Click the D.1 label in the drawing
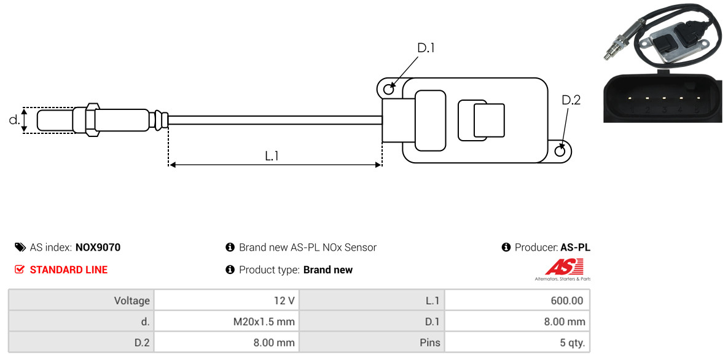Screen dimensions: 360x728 tap(426, 48)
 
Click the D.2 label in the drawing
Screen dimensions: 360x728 tap(571, 100)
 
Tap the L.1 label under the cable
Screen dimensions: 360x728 tap(272, 156)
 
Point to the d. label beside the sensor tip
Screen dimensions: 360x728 tap(14, 120)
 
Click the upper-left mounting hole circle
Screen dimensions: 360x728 tap(388, 90)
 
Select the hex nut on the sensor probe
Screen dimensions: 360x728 tap(90, 119)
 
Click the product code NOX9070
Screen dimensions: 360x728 tap(98, 248)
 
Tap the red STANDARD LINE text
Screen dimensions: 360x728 tap(68, 270)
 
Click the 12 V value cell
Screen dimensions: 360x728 tap(283, 301)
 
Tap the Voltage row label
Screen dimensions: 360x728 tap(131, 301)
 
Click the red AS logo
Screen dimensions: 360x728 tap(563, 267)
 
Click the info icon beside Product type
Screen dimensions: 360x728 tap(230, 270)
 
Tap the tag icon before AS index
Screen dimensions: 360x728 tap(20, 248)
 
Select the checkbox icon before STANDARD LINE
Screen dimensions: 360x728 tap(20, 270)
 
